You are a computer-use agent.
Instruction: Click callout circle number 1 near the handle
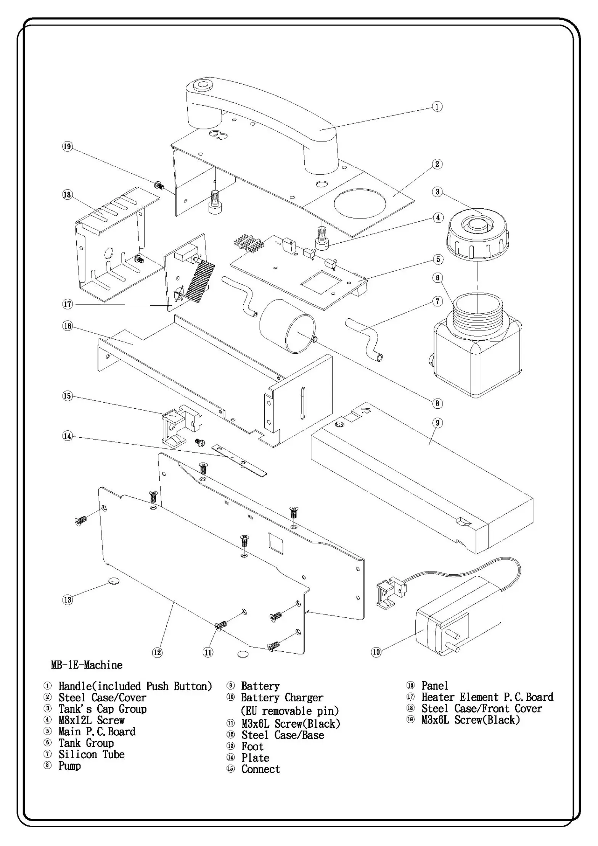tap(437, 106)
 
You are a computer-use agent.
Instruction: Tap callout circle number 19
tap(67, 147)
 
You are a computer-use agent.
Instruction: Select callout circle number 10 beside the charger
tap(376, 652)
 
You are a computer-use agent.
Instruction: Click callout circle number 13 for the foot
tap(67, 599)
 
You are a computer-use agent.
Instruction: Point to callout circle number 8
tap(437, 403)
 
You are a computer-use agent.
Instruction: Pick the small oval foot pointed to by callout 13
tap(114, 581)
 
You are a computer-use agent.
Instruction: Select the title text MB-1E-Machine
tap(87, 665)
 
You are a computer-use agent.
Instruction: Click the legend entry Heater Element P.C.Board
tap(487, 697)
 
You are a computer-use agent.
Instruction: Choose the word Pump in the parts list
tap(69, 765)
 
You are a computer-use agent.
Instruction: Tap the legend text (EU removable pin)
tap(290, 711)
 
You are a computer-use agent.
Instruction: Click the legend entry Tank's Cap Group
tap(102, 709)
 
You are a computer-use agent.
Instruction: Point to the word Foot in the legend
tap(252, 746)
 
